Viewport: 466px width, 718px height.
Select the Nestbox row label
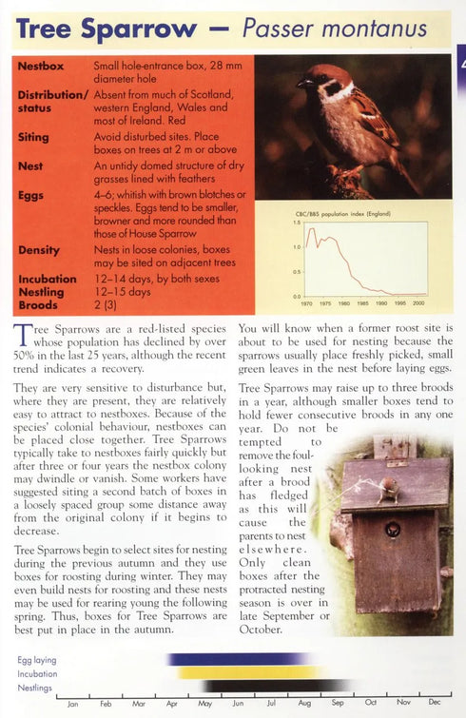41,67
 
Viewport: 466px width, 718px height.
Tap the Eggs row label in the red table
30,194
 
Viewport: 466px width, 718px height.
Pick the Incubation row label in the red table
47,279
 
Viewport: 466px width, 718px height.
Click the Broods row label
38,305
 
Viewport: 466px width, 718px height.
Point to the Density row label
38,250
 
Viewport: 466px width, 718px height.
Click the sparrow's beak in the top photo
301,84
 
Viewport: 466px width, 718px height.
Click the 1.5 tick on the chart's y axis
297,223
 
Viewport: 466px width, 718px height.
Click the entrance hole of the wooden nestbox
392,529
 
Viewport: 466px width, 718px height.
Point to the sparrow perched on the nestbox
390,489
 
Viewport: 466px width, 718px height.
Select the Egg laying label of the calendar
36,659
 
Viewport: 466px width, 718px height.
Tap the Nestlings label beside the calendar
35,688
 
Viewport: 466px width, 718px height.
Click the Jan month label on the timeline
72,704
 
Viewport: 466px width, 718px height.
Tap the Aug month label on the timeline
303,704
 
